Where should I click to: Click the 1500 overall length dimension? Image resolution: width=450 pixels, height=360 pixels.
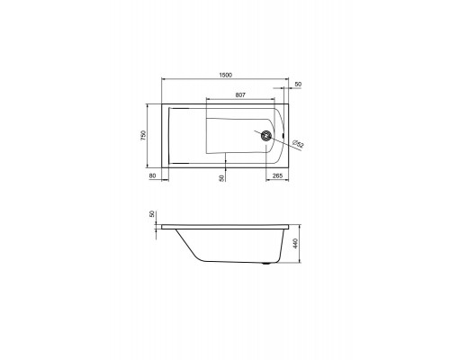coord(225,75)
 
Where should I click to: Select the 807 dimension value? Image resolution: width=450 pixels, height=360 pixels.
coord(240,95)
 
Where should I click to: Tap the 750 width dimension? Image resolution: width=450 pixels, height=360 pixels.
coord(143,136)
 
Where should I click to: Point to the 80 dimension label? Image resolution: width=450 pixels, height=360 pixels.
coord(152,175)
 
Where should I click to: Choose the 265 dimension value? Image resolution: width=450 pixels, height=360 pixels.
coord(277,175)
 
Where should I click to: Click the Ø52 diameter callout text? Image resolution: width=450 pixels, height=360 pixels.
coord(298,144)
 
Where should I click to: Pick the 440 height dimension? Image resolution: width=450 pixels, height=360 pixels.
coord(295,243)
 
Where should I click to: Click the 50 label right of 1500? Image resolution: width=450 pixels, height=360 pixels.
coord(298,85)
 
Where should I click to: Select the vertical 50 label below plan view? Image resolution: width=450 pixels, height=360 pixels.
coord(221,178)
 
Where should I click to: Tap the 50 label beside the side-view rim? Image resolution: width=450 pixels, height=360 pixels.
coord(152,214)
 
